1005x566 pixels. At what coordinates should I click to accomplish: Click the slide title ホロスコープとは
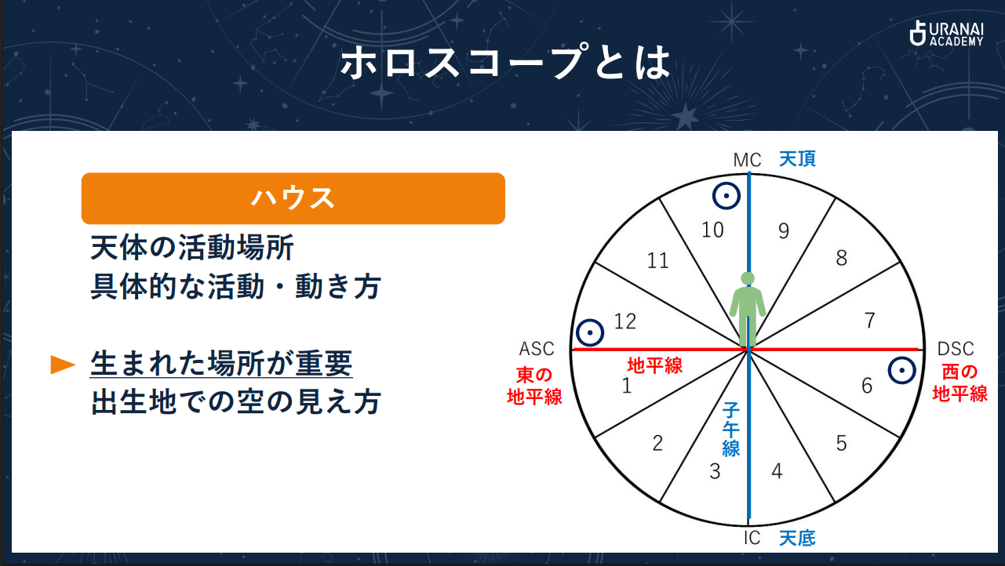[506, 63]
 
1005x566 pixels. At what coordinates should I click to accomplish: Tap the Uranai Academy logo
[945, 33]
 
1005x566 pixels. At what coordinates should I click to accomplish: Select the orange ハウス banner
[293, 198]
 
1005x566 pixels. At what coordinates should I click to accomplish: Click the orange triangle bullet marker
[63, 365]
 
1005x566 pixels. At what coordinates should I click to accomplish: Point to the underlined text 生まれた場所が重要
[221, 364]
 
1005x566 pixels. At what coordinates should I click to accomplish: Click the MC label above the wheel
[747, 160]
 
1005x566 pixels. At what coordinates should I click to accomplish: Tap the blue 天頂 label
[797, 159]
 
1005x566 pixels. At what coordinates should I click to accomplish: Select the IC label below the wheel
[752, 538]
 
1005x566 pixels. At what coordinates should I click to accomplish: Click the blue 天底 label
[797, 538]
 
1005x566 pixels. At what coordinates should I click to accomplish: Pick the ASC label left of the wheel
[537, 349]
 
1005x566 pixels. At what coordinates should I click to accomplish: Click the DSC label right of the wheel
[956, 349]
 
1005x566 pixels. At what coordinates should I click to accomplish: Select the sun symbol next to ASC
[589, 332]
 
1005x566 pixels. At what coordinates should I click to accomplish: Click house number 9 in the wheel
[783, 230]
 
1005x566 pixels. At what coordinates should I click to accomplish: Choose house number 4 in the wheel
[777, 471]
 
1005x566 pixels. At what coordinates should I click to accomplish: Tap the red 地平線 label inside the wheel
[654, 365]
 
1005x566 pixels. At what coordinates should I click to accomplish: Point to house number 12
[625, 321]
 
